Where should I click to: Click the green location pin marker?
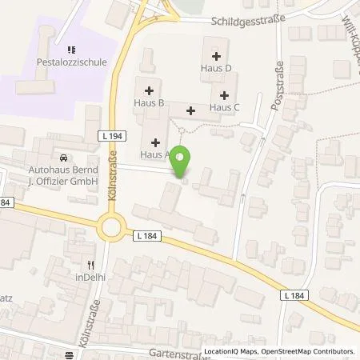[182, 162]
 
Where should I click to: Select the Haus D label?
[216, 68]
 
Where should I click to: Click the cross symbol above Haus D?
[216, 55]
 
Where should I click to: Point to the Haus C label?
[224, 106]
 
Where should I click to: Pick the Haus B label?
[150, 103]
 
